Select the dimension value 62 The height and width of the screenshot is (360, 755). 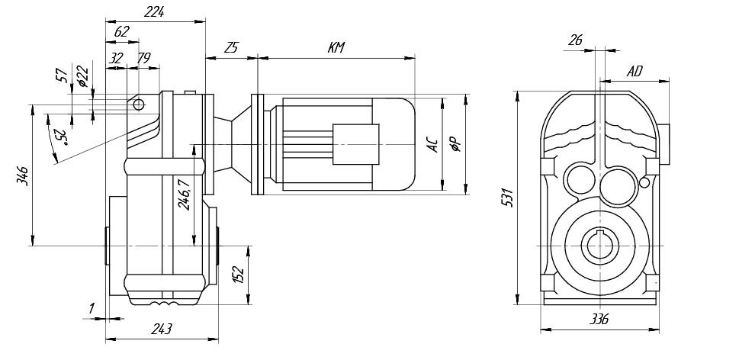121,32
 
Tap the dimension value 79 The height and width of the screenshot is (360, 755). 143,58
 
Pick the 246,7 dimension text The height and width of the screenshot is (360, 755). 183,194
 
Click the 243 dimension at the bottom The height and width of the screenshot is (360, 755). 161,329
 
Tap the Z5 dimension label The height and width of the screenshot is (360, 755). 231,48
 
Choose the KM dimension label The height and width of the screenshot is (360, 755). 336,48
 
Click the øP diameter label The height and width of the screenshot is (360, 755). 455,143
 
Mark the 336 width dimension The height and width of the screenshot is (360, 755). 599,320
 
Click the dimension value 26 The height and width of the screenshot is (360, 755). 577,40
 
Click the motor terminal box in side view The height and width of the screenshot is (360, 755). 355,143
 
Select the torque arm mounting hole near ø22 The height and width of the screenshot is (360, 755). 139,104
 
